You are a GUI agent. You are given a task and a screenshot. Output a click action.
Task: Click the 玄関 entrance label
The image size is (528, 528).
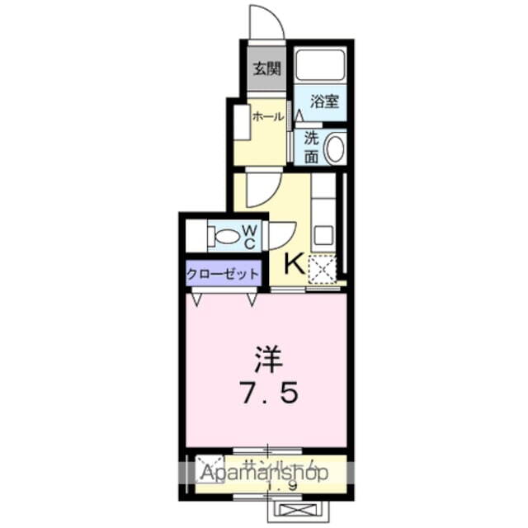point(266,69)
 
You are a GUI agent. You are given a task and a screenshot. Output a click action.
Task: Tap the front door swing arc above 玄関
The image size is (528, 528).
point(266,23)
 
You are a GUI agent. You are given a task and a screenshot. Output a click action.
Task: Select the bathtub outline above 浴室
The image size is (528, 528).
point(320,65)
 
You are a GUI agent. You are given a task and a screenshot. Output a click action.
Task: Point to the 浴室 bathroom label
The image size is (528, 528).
point(323,102)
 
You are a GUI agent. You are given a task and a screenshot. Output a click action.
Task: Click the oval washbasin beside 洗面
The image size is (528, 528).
point(334,149)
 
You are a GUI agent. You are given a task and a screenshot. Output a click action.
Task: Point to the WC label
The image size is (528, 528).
point(251,236)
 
